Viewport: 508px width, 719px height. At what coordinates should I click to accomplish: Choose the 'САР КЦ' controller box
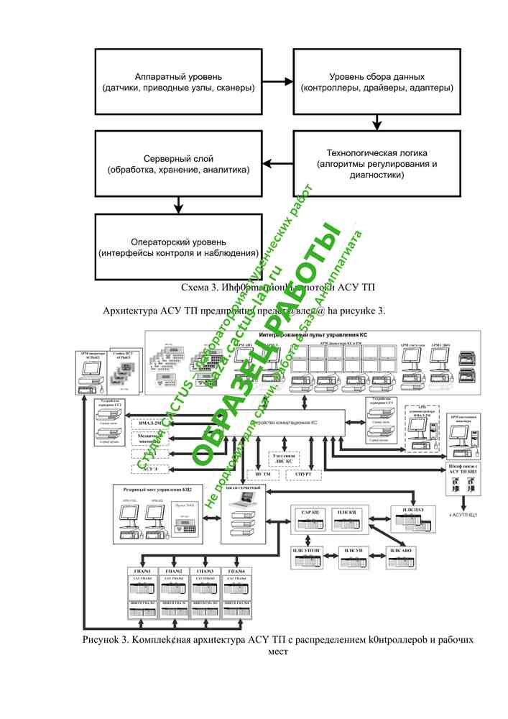point(310,513)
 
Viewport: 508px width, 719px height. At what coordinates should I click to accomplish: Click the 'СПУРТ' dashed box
point(303,475)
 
